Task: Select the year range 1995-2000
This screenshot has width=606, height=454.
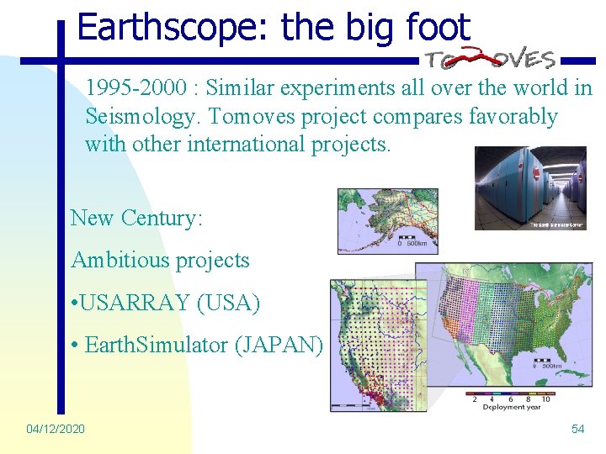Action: point(140,88)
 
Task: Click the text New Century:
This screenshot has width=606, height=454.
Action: point(136,218)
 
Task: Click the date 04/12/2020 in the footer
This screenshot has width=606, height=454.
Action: point(56,429)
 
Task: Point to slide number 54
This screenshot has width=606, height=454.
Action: point(577,429)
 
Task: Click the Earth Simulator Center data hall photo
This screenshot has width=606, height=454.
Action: point(530,188)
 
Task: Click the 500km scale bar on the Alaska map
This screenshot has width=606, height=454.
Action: point(409,244)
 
